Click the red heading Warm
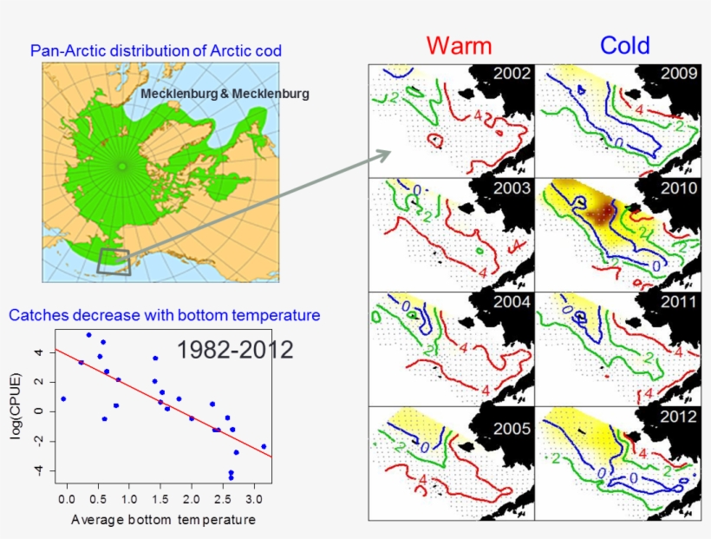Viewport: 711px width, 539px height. coord(459,45)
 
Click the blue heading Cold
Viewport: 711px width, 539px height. coord(624,45)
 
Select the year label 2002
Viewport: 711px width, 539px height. coord(512,74)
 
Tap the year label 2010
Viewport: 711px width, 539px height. coord(678,188)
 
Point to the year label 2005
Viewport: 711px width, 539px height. coord(512,428)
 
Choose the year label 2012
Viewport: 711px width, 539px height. coord(678,417)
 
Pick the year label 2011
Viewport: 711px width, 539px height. coord(678,303)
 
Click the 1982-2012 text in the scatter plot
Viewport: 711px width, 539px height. coord(234,350)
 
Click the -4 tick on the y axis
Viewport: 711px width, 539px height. coord(37,470)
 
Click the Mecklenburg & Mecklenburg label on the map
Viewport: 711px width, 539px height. coord(225,93)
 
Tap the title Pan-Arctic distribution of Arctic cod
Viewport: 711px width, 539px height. coord(155,50)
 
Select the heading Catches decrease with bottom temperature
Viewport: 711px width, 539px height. coord(164,315)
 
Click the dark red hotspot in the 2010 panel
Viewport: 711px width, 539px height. coord(597,210)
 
